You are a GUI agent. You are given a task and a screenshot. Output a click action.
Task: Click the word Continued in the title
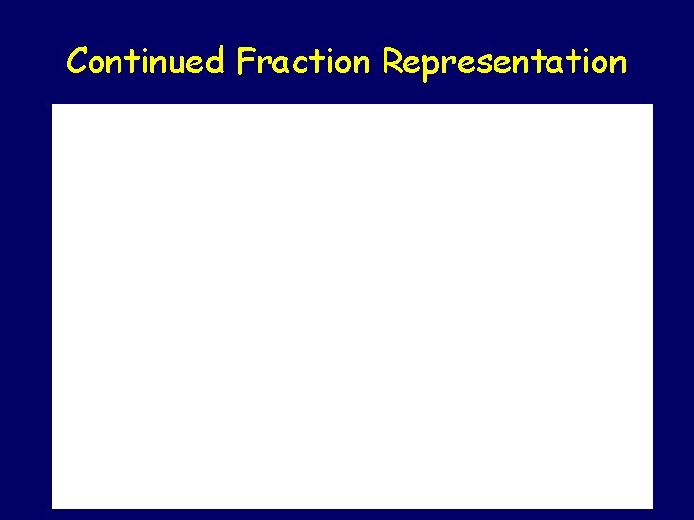[x=146, y=63]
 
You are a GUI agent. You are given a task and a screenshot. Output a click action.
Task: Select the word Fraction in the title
[x=303, y=63]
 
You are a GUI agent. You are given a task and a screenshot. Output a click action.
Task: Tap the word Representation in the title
[x=503, y=64]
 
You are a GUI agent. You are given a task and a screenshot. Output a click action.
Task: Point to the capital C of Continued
[x=78, y=63]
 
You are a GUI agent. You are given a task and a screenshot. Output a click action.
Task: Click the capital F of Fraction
[x=245, y=62]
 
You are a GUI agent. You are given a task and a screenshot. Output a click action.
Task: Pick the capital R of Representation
[x=391, y=62]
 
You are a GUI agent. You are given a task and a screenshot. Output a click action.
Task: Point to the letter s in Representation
[x=485, y=65]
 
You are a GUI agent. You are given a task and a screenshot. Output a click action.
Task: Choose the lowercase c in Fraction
[x=298, y=65]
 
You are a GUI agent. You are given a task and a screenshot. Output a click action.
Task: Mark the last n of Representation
[x=618, y=65]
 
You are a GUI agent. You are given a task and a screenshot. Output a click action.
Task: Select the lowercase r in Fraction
[x=263, y=65]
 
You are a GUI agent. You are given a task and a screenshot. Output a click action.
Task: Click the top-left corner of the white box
[x=52, y=105]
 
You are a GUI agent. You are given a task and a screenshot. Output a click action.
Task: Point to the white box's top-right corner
[x=652, y=105]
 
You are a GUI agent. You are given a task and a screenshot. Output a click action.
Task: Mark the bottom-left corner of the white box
[x=52, y=507]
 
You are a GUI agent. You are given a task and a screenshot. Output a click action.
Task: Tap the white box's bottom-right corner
[x=652, y=507]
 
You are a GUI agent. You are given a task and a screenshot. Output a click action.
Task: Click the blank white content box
[x=352, y=306]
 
